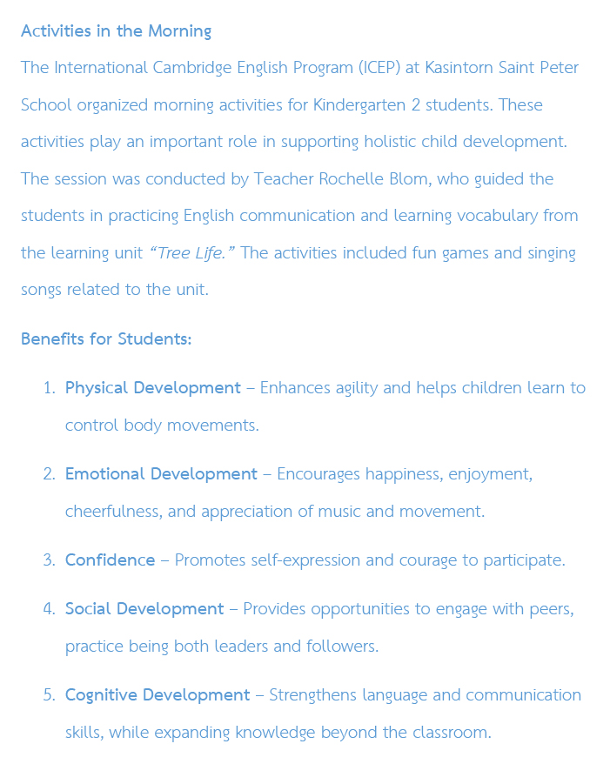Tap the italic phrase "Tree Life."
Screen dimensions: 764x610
(192, 253)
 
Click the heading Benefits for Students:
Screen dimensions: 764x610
(106, 338)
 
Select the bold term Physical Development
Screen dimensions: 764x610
(153, 388)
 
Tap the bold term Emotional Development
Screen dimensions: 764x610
(161, 474)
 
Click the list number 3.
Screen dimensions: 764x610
(49, 560)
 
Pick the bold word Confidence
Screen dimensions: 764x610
(110, 560)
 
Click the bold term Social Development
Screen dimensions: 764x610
(144, 609)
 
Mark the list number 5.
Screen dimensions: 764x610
(49, 695)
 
